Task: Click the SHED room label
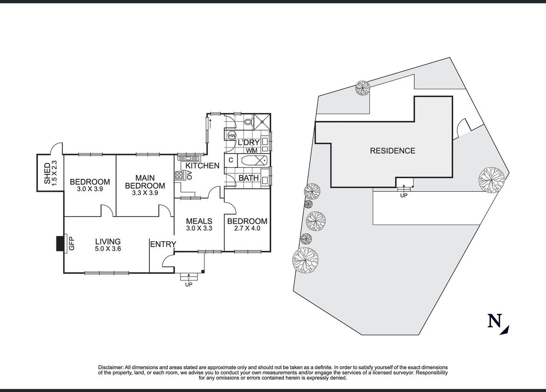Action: click(47, 174)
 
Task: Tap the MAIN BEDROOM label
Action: click(145, 182)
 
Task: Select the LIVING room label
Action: click(108, 241)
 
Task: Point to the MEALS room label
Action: click(199, 221)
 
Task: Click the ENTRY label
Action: click(163, 245)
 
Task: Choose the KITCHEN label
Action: click(203, 166)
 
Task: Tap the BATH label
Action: click(249, 178)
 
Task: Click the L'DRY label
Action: click(249, 142)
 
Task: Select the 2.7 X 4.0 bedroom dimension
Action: click(247, 228)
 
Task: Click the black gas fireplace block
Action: click(60, 244)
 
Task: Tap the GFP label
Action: click(72, 243)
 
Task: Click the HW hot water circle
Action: click(231, 135)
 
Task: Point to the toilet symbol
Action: click(248, 122)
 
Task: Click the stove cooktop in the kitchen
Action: click(179, 175)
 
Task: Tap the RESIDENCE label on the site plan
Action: click(392, 151)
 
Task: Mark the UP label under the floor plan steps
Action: click(189, 284)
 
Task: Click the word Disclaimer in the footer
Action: click(111, 367)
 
